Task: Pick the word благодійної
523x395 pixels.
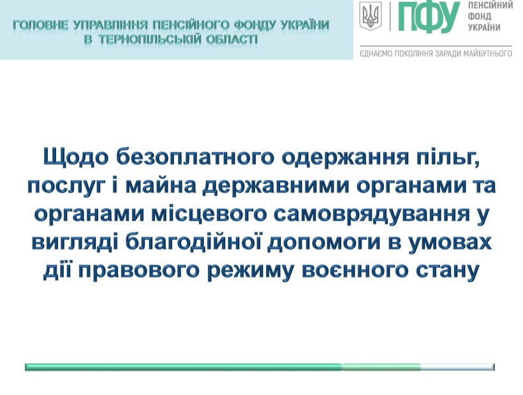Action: pyautogui.click(x=195, y=242)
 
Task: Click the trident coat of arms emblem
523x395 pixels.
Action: pyautogui.click(x=369, y=15)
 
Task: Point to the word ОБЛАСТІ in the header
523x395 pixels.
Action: pyautogui.click(x=232, y=40)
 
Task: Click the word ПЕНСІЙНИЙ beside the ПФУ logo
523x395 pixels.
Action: pyautogui.click(x=490, y=5)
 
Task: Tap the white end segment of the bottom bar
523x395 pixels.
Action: pyautogui.click(x=458, y=367)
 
